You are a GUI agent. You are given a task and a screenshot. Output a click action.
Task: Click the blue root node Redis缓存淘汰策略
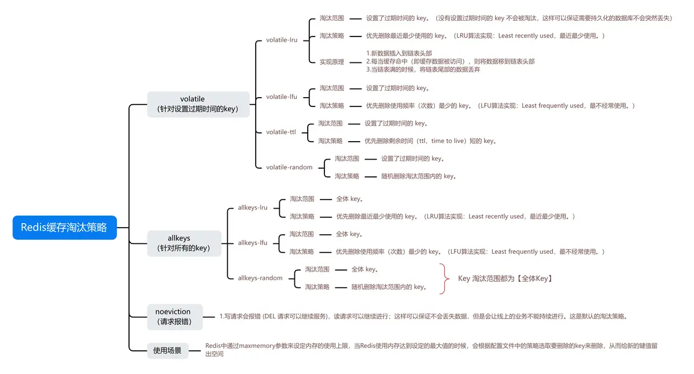click(64, 228)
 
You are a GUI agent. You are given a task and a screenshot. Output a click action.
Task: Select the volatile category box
click(198, 104)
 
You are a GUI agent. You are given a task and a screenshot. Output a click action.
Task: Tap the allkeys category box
click(184, 243)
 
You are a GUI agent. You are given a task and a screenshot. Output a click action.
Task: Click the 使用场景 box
click(167, 350)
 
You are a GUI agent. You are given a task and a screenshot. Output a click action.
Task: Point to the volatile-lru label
click(282, 40)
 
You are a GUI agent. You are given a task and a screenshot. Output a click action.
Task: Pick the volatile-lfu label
click(282, 97)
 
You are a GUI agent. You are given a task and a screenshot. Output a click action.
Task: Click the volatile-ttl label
click(280, 132)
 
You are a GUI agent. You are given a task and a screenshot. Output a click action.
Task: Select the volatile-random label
click(289, 167)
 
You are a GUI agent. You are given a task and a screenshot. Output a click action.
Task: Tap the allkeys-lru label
click(253, 208)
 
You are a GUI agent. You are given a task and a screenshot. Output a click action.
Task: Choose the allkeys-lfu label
click(253, 243)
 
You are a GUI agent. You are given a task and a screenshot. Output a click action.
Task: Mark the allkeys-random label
click(260, 278)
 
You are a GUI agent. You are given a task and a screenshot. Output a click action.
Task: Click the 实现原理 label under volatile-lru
click(332, 62)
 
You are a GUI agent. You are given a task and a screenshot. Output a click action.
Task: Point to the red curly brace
click(444, 278)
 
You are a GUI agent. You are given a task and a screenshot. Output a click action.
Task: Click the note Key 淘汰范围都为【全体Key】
click(505, 278)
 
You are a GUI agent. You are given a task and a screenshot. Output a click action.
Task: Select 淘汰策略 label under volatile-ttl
click(330, 141)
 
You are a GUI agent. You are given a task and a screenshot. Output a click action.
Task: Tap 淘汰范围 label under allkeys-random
click(318, 269)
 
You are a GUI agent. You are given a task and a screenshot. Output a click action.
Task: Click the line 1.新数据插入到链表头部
click(399, 53)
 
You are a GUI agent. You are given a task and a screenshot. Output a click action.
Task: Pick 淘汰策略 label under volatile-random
click(347, 176)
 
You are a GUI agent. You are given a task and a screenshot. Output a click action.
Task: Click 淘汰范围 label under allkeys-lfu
click(302, 234)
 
